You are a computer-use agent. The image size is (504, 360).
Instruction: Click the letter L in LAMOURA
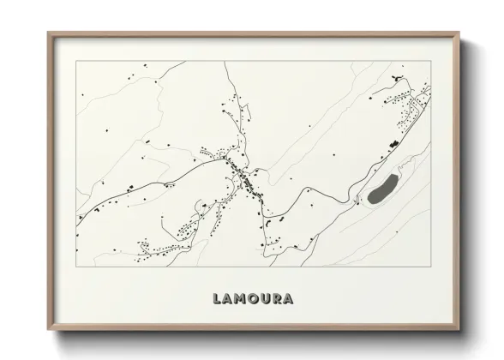[x=216, y=299]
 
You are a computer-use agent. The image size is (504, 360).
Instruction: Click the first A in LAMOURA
[x=228, y=299]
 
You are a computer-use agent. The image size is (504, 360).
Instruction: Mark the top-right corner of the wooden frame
[x=460, y=33]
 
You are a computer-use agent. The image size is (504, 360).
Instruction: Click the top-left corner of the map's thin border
[x=76, y=62]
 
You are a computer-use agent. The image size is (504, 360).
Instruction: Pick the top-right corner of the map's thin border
[x=432, y=62]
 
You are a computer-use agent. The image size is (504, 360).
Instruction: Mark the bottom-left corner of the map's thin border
[x=76, y=260]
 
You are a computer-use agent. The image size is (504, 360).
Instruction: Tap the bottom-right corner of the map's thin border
[x=432, y=260]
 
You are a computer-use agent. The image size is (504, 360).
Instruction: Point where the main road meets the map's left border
[x=77, y=216]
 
